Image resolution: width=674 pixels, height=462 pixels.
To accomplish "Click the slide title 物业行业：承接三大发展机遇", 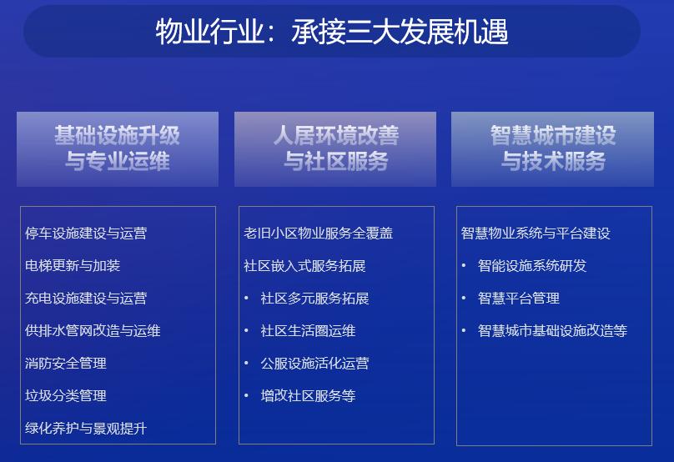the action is [332, 32].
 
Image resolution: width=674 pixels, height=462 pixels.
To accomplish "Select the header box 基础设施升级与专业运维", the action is [118, 149].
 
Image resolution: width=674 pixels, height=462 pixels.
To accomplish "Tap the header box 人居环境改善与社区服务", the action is [335, 149].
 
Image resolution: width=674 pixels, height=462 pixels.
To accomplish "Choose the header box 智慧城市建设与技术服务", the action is [552, 149].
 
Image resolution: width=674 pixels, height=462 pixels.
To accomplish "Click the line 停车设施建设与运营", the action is [86, 234].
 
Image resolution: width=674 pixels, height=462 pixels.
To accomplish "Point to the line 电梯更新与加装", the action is [73, 265].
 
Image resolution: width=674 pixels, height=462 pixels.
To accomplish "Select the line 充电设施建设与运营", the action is [86, 299].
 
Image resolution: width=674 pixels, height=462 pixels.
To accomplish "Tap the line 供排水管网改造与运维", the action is [93, 330].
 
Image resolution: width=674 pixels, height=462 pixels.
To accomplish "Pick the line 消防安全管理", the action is [66, 363].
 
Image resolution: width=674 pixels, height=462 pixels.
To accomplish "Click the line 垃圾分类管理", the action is [66, 395].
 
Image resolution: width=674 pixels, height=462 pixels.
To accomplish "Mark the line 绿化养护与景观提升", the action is [86, 428].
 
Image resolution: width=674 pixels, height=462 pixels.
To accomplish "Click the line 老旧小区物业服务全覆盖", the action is [318, 234].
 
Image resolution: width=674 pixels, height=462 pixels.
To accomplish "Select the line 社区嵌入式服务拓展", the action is [304, 265].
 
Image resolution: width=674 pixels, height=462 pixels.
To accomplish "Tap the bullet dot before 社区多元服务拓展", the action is [246, 298].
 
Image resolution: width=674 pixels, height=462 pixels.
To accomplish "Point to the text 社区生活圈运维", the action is [308, 330].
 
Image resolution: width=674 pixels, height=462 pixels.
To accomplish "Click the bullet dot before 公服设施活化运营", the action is [246, 363].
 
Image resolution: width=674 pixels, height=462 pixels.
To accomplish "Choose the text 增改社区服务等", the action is [308, 395].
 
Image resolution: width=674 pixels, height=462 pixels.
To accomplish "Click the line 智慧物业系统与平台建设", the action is [536, 234].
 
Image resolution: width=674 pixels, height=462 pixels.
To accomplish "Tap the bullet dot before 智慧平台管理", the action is [464, 298].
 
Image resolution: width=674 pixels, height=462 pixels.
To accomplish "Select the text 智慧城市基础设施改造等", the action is [552, 330].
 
